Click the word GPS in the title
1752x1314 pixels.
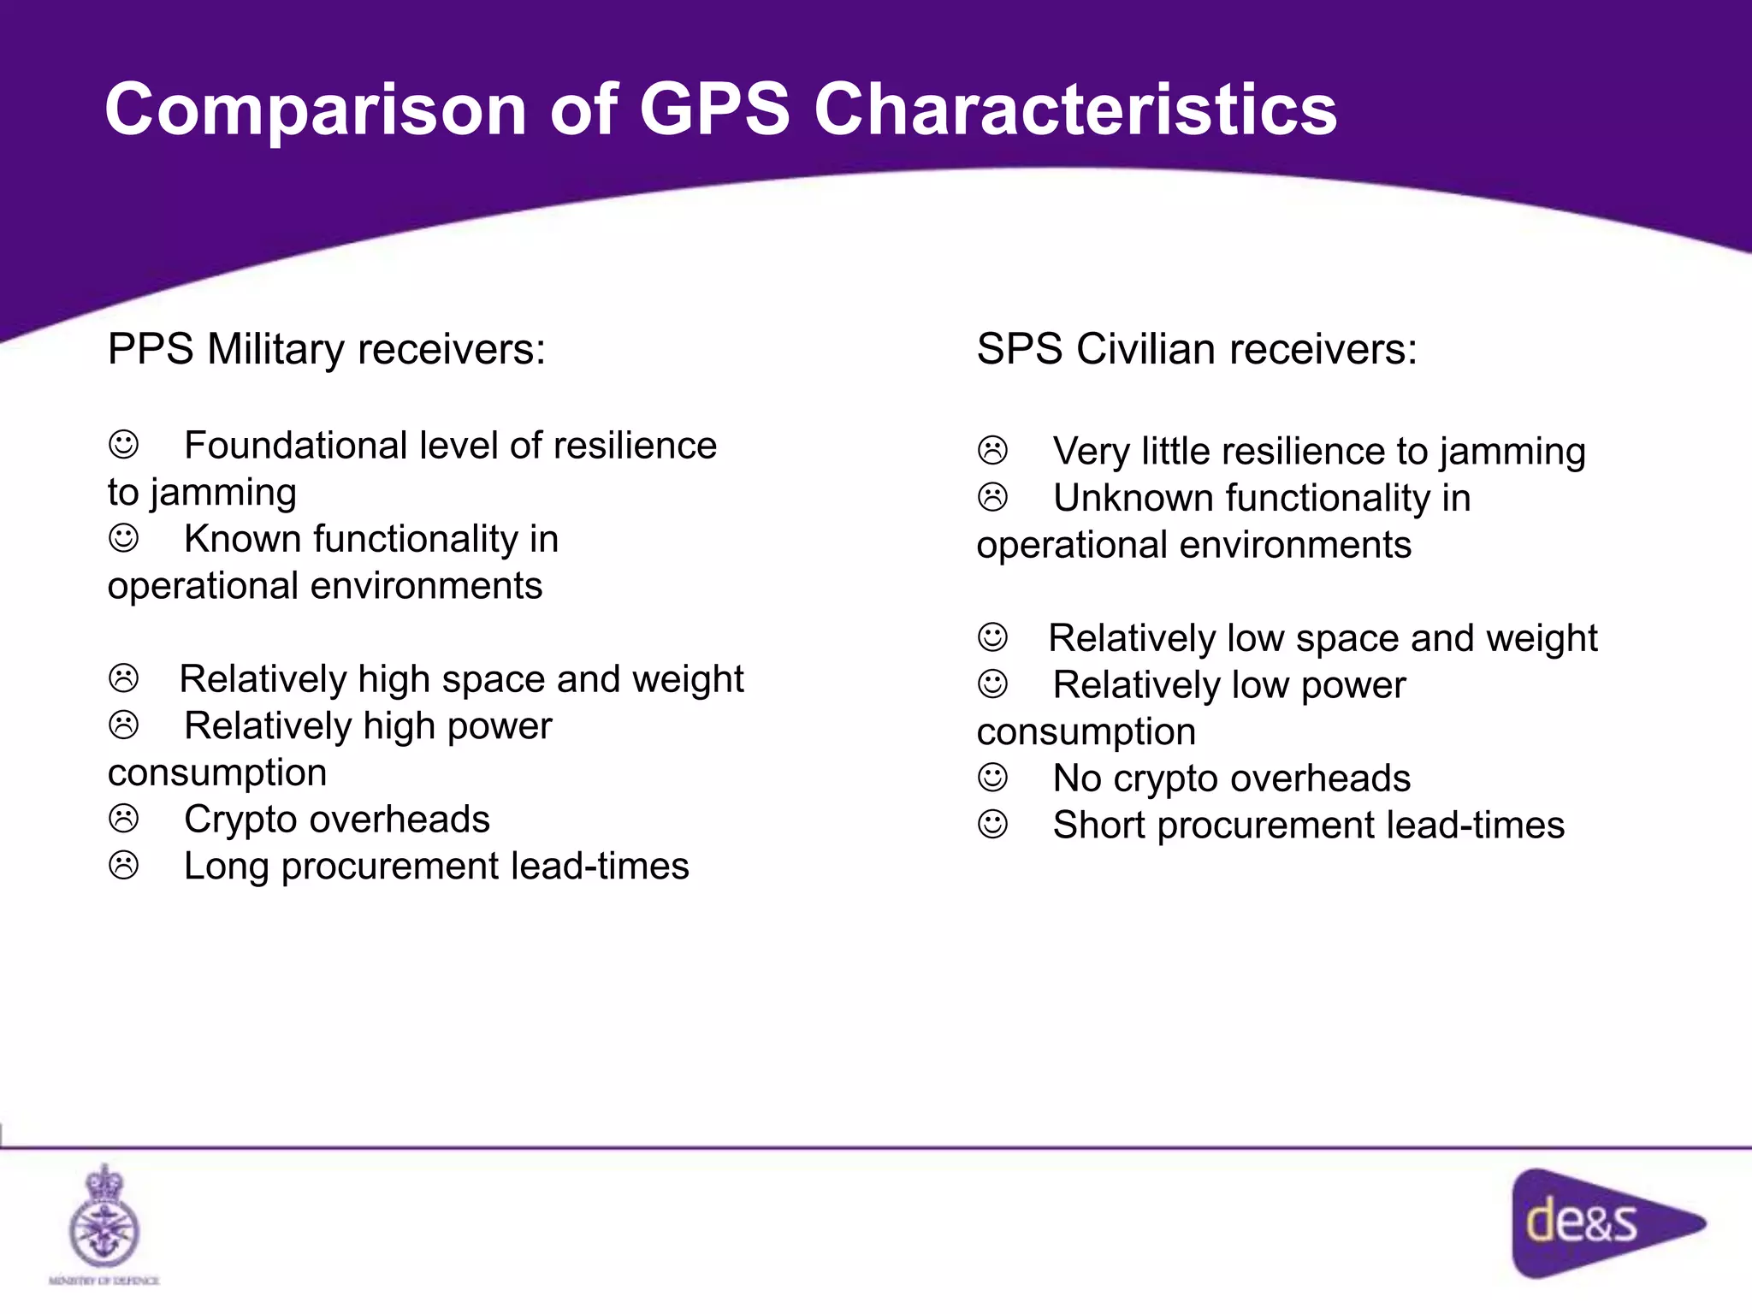pyautogui.click(x=714, y=109)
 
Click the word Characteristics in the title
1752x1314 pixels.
pyautogui.click(x=1075, y=109)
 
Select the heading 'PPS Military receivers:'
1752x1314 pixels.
pyautogui.click(x=326, y=349)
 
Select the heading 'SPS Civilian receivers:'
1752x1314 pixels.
pyautogui.click(x=1197, y=349)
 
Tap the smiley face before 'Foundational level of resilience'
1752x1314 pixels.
pyautogui.click(x=124, y=445)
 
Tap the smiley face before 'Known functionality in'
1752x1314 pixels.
pyautogui.click(x=124, y=538)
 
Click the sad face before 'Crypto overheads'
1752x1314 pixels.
pyautogui.click(x=124, y=819)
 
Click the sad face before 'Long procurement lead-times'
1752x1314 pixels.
pyautogui.click(x=124, y=865)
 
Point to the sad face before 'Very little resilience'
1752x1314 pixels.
pyautogui.click(x=992, y=451)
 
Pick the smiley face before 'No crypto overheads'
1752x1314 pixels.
pyautogui.click(x=992, y=778)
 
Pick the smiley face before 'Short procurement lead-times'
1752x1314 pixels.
pyautogui.click(x=992, y=825)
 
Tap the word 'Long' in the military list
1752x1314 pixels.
pyautogui.click(x=227, y=867)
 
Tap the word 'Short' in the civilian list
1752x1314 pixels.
pyautogui.click(x=1099, y=826)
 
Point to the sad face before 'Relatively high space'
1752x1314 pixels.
pyautogui.click(x=124, y=678)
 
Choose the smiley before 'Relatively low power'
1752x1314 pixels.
pyautogui.click(x=992, y=684)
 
